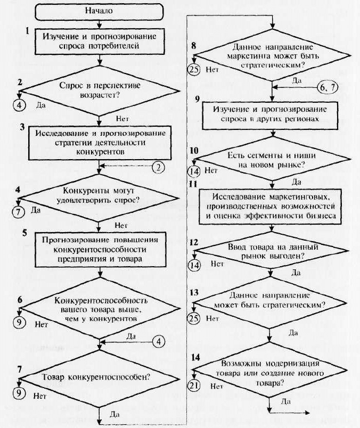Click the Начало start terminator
pyautogui.click(x=100, y=12)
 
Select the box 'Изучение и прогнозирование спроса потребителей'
pyautogui.click(x=100, y=41)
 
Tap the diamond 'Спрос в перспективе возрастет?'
pyautogui.click(x=100, y=91)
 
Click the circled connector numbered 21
pyautogui.click(x=194, y=385)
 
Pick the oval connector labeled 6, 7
pyautogui.click(x=327, y=87)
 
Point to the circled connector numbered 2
pyautogui.click(x=158, y=167)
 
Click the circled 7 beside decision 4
pyautogui.click(x=18, y=212)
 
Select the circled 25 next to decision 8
pyautogui.click(x=194, y=69)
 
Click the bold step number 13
pyautogui.click(x=194, y=293)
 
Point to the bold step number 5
pyautogui.click(x=24, y=233)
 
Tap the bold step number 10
pyautogui.click(x=194, y=151)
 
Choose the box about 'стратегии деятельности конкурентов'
pyautogui.click(x=100, y=143)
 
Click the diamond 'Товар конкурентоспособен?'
pyautogui.click(x=100, y=378)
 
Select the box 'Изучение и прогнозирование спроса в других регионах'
pyautogui.click(x=270, y=115)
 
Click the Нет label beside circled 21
pyautogui.click(x=217, y=386)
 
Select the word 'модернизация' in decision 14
pyautogui.click(x=292, y=364)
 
